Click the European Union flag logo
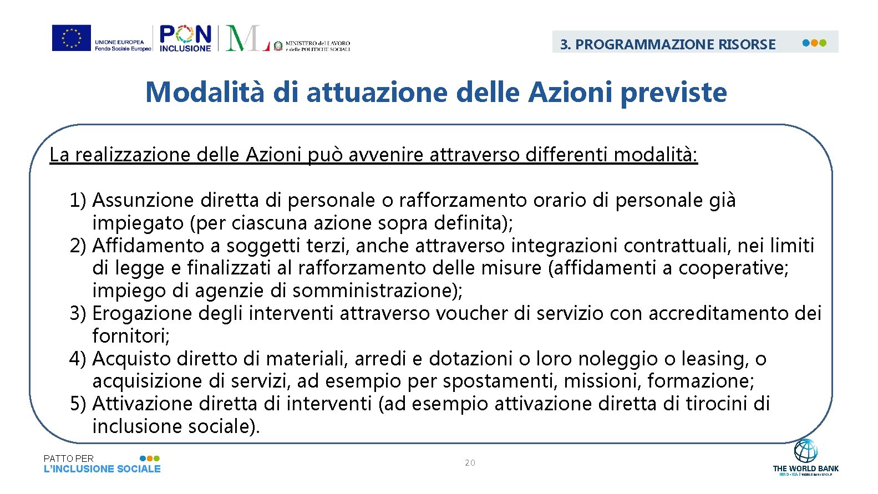72,38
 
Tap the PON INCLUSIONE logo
185,38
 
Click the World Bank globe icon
805,451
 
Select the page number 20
470,462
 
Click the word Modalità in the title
205,92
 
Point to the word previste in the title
673,92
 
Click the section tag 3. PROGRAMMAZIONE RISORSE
668,44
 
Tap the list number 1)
78,200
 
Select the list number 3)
78,313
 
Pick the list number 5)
78,404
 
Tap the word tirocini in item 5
717,404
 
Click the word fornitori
130,336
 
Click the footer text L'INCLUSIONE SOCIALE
102,469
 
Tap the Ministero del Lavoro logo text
317,45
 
